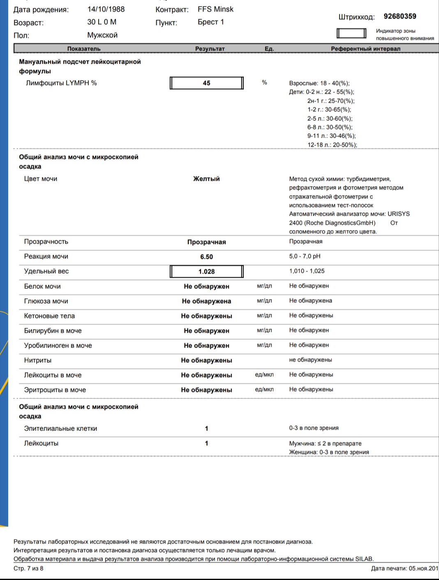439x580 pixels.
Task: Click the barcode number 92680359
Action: click(x=400, y=16)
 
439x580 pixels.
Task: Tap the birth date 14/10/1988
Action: click(x=106, y=9)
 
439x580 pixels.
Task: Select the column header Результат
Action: click(x=210, y=49)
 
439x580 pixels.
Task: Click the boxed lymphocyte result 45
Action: click(x=206, y=83)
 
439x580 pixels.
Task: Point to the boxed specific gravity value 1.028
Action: click(x=206, y=272)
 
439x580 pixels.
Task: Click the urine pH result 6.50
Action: click(x=206, y=257)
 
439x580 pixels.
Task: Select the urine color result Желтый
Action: click(x=206, y=179)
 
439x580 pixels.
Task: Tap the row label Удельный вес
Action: click(x=46, y=271)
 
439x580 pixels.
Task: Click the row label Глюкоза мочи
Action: click(x=46, y=301)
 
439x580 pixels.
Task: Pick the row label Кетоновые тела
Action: click(x=49, y=316)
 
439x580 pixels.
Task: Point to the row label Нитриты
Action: click(x=38, y=360)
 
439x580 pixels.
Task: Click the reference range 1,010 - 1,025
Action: click(x=307, y=271)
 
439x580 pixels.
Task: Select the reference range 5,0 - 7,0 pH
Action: click(x=305, y=256)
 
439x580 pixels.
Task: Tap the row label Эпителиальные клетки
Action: click(x=60, y=428)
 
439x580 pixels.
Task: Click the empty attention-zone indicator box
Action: click(x=351, y=33)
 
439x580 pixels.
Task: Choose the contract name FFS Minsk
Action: click(x=215, y=9)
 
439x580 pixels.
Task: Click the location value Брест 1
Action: click(x=210, y=22)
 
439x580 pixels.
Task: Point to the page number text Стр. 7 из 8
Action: click(x=28, y=568)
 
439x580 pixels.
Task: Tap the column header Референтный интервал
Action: click(x=365, y=49)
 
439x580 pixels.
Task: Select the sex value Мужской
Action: click(x=102, y=35)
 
